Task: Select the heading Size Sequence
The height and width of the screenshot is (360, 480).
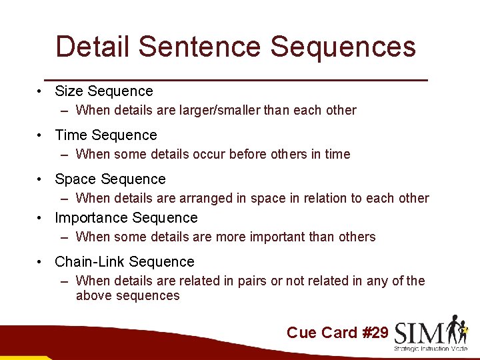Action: tap(103, 91)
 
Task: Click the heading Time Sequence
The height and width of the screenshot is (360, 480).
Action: tap(105, 135)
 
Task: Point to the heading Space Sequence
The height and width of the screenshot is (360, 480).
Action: tap(110, 179)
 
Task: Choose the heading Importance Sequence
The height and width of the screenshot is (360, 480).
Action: tap(126, 218)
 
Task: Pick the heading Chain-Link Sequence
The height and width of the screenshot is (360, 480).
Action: tap(124, 262)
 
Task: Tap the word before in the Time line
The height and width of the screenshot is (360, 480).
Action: tap(247, 154)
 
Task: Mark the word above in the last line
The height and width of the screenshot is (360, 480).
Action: tap(94, 295)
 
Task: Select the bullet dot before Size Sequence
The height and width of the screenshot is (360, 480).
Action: tap(41, 91)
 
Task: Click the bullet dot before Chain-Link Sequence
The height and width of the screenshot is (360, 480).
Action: tap(41, 262)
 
